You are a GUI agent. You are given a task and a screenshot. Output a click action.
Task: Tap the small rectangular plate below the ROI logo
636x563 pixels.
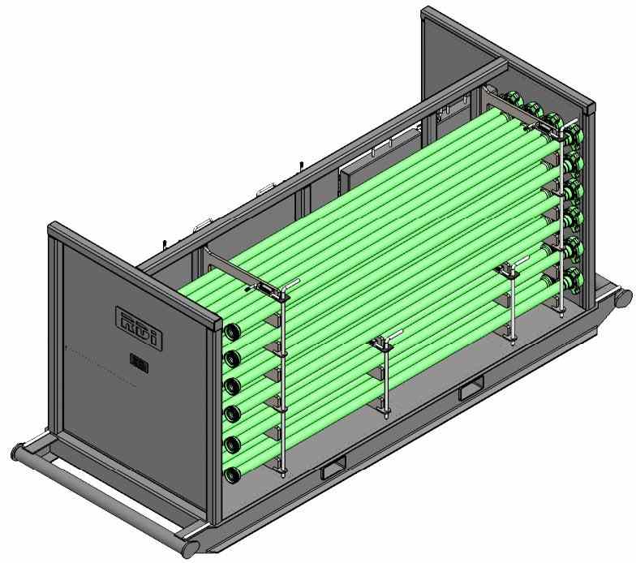point(140,364)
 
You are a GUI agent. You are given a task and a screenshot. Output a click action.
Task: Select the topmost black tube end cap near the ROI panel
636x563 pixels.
point(232,333)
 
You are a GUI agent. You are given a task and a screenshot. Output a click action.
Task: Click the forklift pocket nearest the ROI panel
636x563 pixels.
point(333,469)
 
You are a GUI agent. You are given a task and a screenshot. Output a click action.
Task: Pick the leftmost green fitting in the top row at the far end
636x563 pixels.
point(512,100)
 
